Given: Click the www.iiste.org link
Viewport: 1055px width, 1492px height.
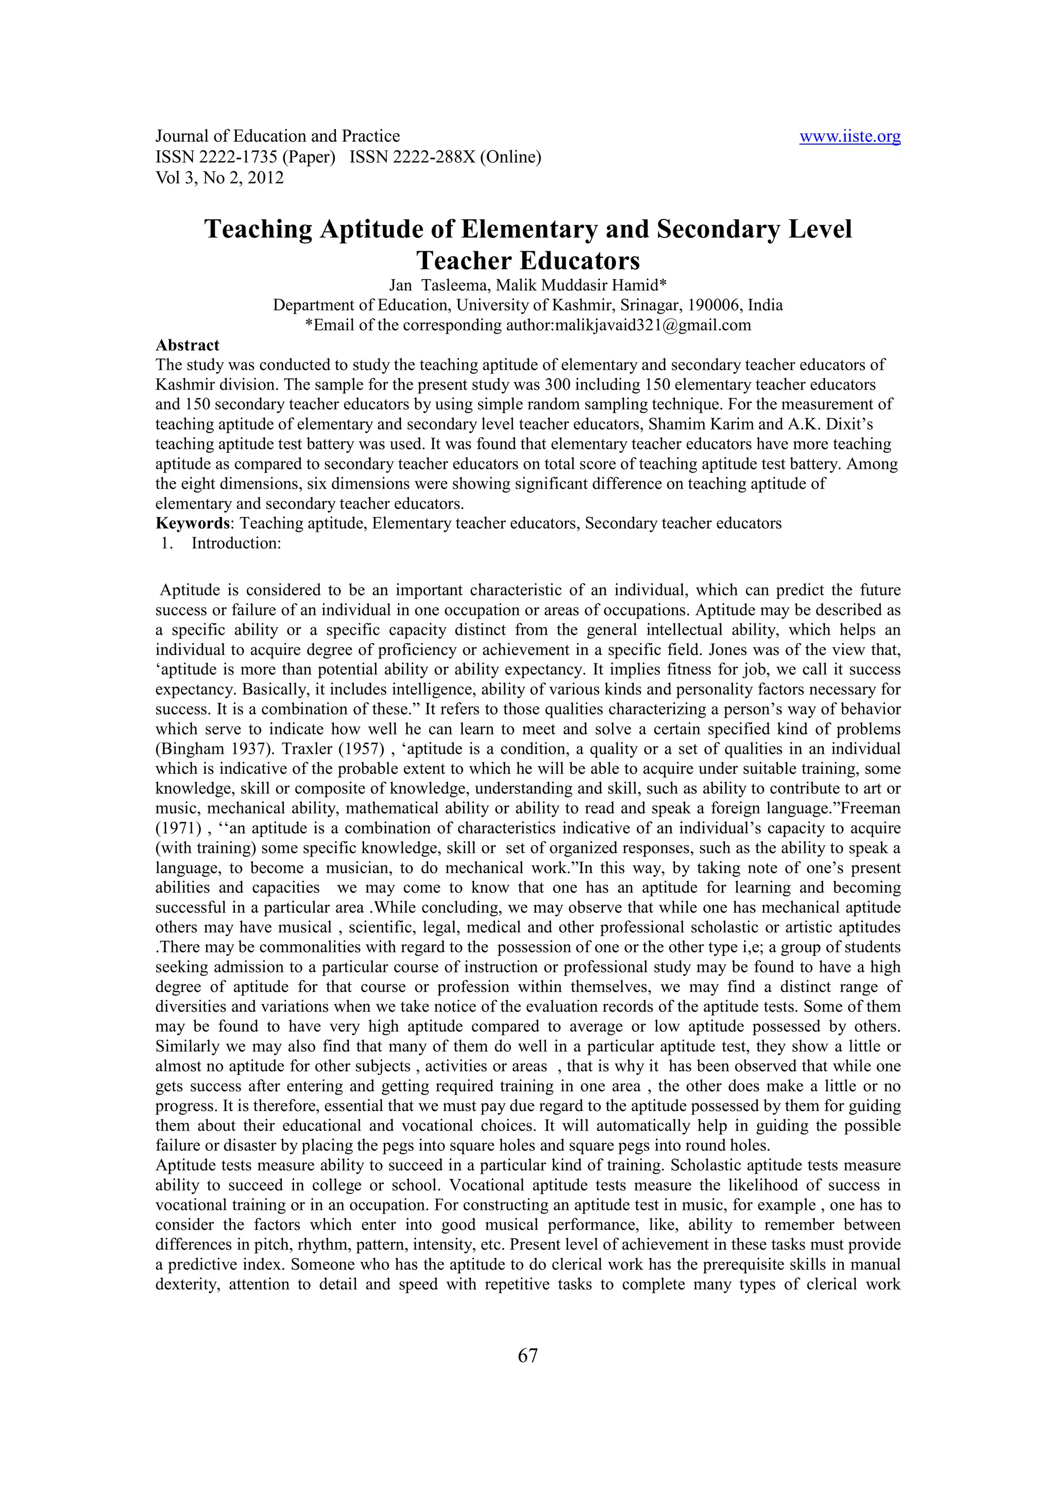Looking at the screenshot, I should [x=849, y=136].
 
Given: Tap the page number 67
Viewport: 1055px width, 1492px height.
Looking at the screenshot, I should [x=527, y=1355].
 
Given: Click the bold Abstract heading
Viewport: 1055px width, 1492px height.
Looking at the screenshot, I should [x=187, y=345].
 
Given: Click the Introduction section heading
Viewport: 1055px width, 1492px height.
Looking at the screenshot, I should [x=235, y=543].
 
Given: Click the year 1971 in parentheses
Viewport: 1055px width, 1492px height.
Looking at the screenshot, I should [x=172, y=828].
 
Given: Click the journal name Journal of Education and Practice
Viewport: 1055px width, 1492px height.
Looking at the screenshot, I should [x=278, y=136].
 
